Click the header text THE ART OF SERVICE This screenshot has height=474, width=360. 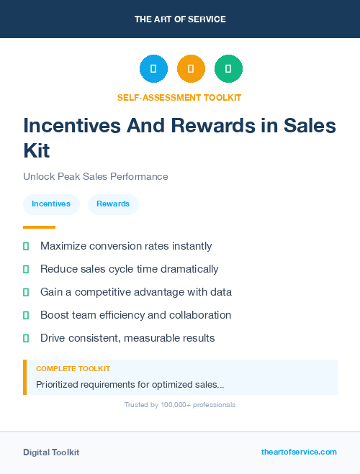180,19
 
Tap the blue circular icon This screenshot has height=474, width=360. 153,69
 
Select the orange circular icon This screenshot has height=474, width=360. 191,69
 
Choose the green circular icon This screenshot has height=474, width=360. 228,69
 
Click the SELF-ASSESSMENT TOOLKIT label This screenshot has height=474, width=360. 180,97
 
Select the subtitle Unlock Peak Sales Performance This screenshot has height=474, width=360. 95,176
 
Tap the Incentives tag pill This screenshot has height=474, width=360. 51,204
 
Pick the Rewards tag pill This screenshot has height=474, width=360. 113,204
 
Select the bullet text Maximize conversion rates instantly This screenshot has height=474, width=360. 126,246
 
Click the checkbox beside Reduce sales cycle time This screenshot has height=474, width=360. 26,269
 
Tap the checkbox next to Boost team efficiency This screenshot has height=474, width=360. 26,315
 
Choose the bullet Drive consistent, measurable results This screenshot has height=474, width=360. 127,338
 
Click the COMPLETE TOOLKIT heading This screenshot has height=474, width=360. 73,369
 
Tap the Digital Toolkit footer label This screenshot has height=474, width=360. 51,452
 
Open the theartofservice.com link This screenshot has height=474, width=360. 299,452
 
